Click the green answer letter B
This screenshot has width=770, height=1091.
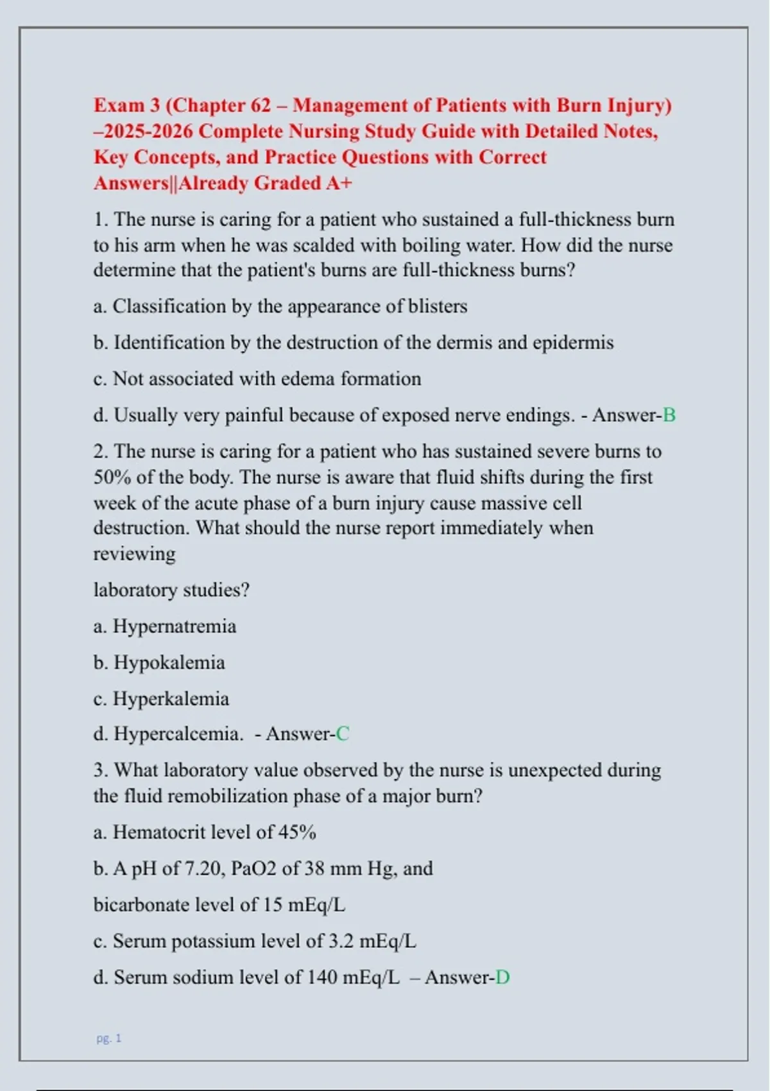[669, 415]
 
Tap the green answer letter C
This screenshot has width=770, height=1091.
[343, 734]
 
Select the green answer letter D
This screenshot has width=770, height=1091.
[502, 977]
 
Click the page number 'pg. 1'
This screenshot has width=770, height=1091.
[108, 1038]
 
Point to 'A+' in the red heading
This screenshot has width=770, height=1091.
[339, 184]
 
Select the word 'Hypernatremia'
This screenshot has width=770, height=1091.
[175, 626]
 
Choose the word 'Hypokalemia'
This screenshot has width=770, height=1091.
[169, 662]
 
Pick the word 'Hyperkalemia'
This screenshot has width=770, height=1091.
[171, 698]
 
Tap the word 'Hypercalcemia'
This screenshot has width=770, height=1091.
[178, 734]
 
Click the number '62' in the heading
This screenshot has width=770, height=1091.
[261, 105]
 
